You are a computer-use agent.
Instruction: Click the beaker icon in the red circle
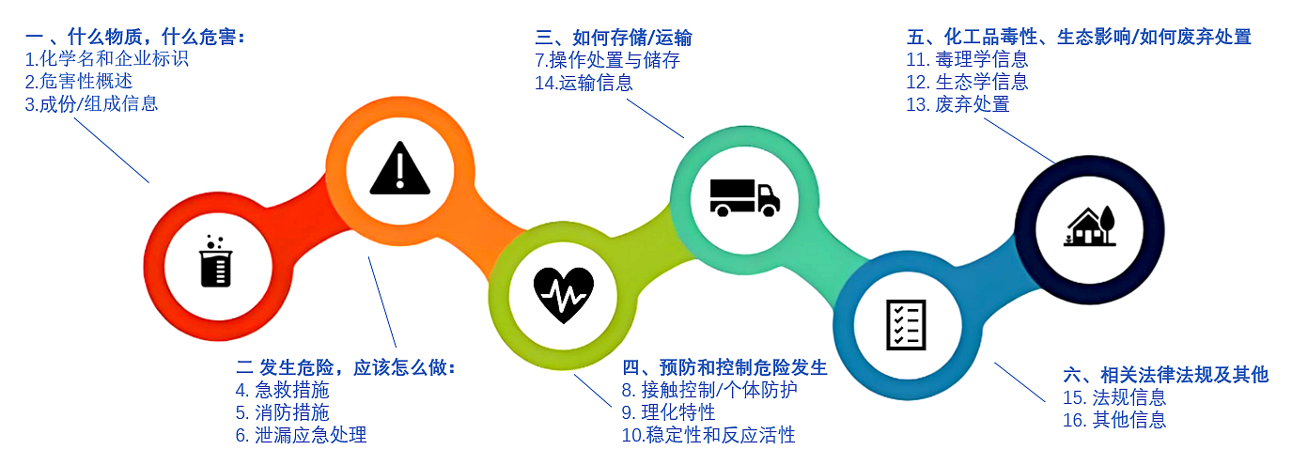pos(216,261)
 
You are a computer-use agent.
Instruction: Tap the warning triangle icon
pos(399,168)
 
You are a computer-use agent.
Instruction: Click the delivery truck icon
pos(744,198)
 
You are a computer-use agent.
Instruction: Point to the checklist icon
pos(906,325)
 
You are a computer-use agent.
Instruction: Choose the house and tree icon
pos(1090,226)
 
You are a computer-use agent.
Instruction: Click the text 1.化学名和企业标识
pos(107,59)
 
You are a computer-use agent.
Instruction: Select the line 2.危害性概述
pos(78,82)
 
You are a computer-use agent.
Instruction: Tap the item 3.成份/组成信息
pos(91,104)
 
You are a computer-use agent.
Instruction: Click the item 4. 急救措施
pos(282,390)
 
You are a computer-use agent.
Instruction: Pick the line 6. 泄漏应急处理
pos(301,435)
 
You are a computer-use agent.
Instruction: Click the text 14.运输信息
pos(584,83)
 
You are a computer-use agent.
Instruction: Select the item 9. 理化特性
pos(668,412)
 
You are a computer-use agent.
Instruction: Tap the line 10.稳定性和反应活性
pos(708,435)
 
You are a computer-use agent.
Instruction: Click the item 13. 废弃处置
pos(958,104)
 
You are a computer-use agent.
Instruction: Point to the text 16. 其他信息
pos(1114,420)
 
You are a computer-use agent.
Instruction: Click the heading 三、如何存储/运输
pos(614,39)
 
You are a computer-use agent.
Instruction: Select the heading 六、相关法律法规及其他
pos(1166,375)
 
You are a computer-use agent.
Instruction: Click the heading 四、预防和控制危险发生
pos(724,367)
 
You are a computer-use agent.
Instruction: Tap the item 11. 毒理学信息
pos(967,59)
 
